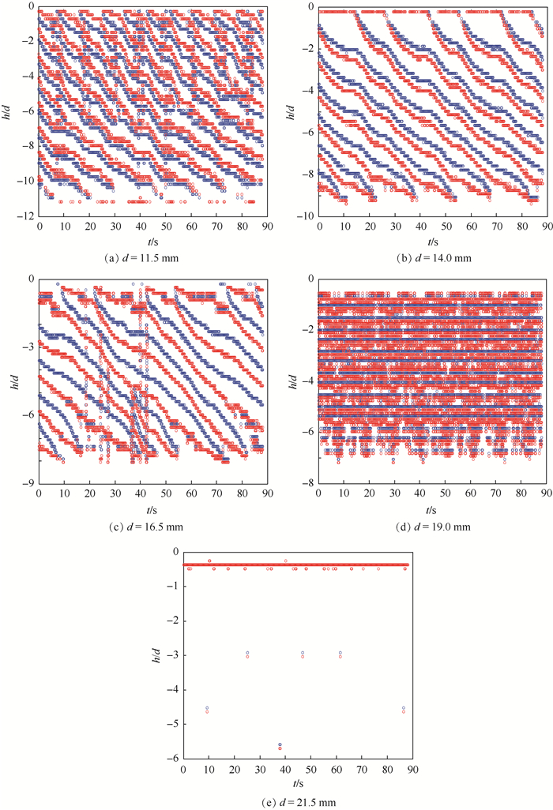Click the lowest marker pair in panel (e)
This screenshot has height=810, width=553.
tap(280, 745)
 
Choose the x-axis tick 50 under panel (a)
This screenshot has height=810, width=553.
tap(166, 226)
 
